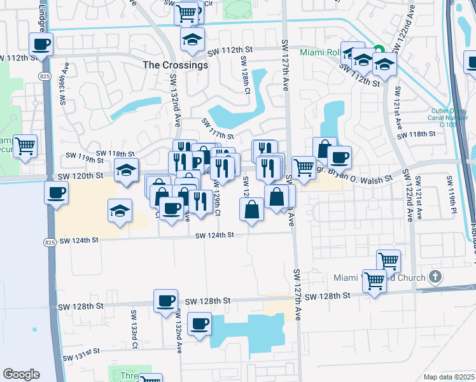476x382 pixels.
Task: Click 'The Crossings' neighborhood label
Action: [x=175, y=65]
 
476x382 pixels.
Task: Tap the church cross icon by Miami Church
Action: [x=435, y=277]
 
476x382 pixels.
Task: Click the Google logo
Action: [x=21, y=374]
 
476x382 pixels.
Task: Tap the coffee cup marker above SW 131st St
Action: [x=200, y=324]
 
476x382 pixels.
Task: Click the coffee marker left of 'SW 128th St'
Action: [x=165, y=301]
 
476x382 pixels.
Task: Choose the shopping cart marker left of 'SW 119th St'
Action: [x=25, y=146]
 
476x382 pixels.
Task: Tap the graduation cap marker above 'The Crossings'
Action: [x=192, y=39]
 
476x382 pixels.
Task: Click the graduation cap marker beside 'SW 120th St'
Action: [x=127, y=170]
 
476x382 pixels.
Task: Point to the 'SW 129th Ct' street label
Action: [x=218, y=202]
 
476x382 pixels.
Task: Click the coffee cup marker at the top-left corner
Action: [x=41, y=44]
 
